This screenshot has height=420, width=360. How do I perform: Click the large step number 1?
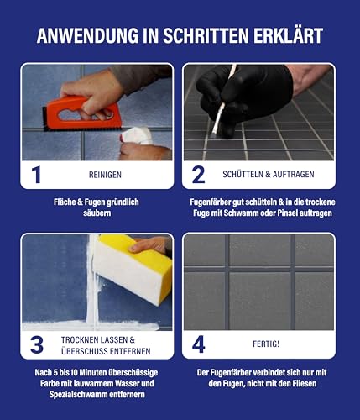click(36, 175)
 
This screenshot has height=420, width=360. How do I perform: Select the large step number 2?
click(199, 175)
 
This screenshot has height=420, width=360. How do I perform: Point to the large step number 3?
click(36, 344)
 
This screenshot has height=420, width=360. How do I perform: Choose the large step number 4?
click(199, 344)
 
